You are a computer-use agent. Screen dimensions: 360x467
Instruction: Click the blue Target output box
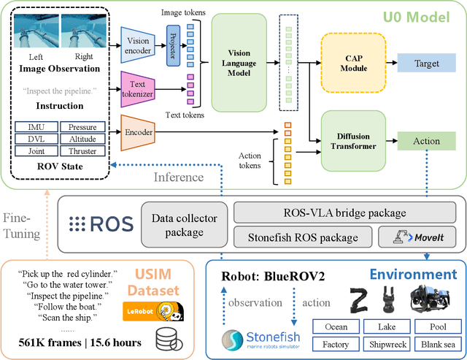(x=427, y=64)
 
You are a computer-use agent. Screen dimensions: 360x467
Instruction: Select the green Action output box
(x=427, y=141)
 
